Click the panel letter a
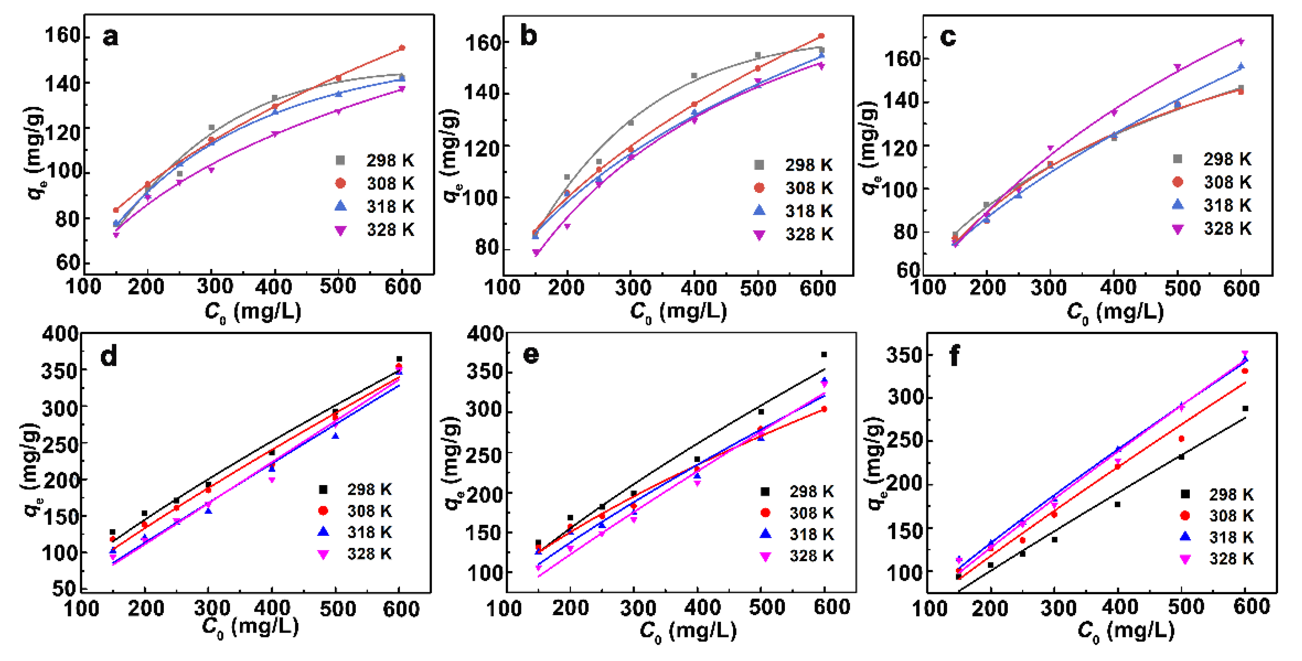click(110, 37)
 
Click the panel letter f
click(955, 356)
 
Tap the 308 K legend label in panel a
click(390, 184)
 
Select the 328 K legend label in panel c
click(1227, 229)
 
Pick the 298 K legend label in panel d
click(369, 489)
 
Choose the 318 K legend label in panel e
click(811, 534)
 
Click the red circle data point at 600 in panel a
click(402, 48)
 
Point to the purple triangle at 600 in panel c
click(1241, 42)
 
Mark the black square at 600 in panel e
click(824, 355)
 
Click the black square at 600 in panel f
click(1245, 409)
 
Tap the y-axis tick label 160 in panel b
click(482, 43)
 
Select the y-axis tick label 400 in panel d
click(60, 334)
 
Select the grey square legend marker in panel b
click(759, 165)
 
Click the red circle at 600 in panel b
click(821, 36)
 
